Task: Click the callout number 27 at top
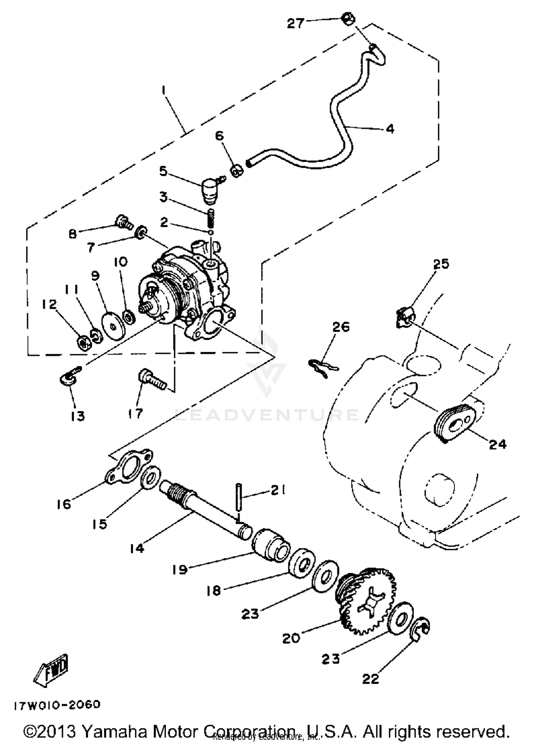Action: [x=295, y=24]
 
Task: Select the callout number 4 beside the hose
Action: [x=390, y=129]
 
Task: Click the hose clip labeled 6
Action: [x=237, y=171]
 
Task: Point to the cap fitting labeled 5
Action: [x=210, y=191]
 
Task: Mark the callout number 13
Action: [x=78, y=416]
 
